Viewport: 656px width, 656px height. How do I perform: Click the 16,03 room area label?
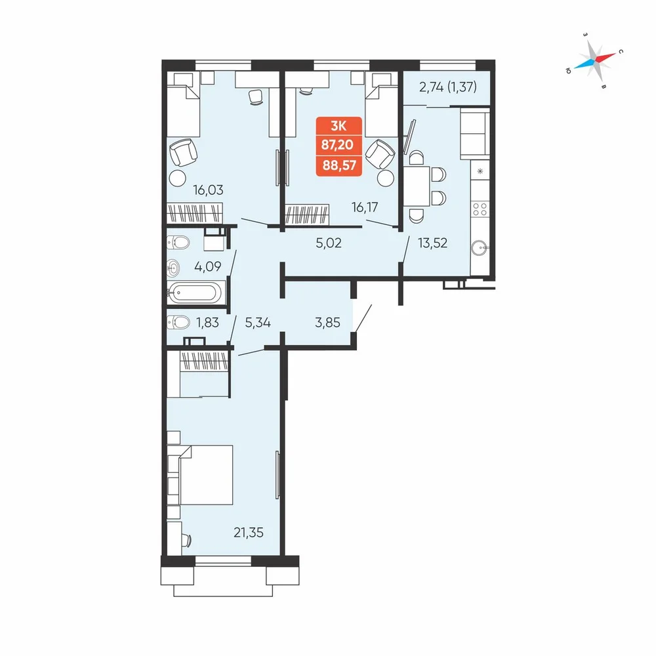(208, 190)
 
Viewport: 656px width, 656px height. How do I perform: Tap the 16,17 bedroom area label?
(365, 207)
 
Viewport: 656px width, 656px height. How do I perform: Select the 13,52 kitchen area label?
(432, 243)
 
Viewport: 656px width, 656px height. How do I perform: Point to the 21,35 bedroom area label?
(249, 533)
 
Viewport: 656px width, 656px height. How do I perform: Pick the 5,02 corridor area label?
(329, 243)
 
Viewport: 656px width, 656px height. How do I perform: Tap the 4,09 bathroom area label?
(207, 266)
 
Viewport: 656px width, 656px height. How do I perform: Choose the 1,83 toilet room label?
(207, 323)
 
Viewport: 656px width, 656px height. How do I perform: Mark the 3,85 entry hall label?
(327, 323)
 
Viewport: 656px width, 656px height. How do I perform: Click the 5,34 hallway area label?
(258, 323)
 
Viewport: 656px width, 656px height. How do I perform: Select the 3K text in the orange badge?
(338, 126)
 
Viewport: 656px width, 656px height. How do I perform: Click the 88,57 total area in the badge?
(339, 165)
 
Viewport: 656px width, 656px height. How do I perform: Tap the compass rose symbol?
(594, 60)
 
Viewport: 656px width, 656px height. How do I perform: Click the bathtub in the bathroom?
(195, 293)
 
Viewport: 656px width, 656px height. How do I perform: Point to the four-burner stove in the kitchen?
(480, 209)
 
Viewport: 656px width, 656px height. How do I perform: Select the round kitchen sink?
(480, 248)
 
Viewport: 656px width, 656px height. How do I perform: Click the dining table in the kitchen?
(417, 186)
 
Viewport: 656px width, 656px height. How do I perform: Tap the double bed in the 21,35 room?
(200, 475)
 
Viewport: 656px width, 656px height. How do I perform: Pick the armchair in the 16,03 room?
(183, 153)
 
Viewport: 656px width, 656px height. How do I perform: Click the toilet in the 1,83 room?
(178, 323)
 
